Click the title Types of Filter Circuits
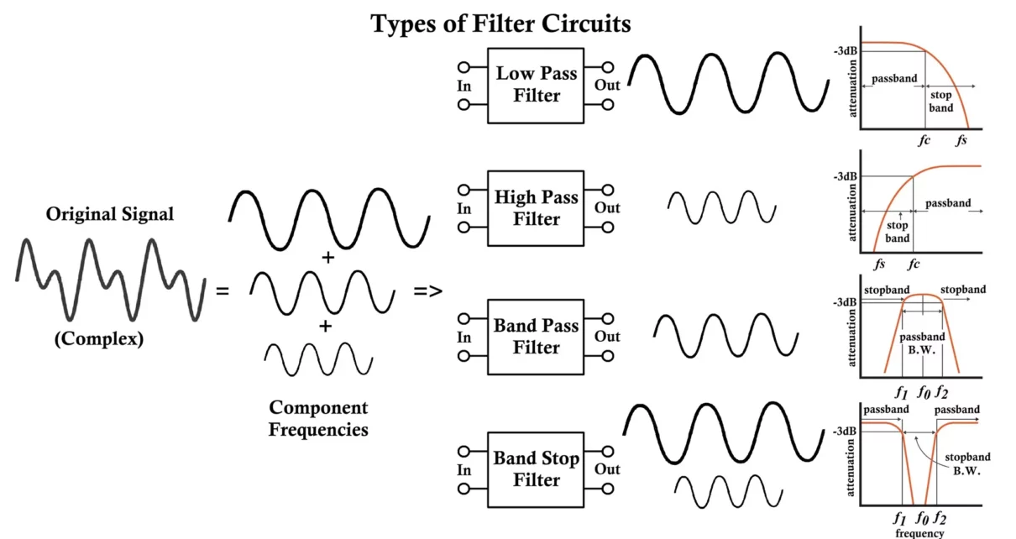(500, 24)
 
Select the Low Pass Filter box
(537, 85)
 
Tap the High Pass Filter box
(537, 208)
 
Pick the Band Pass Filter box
(537, 337)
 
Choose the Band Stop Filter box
(537, 469)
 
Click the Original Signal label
(110, 214)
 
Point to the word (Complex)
(99, 340)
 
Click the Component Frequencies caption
(318, 418)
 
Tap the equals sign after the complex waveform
(223, 292)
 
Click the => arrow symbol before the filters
(427, 291)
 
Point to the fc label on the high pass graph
(914, 264)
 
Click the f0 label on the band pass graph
(923, 391)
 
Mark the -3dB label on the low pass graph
(845, 51)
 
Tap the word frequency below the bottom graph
(920, 532)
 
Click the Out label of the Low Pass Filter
(607, 86)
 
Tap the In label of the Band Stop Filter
(464, 470)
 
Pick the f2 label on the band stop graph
(941, 518)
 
